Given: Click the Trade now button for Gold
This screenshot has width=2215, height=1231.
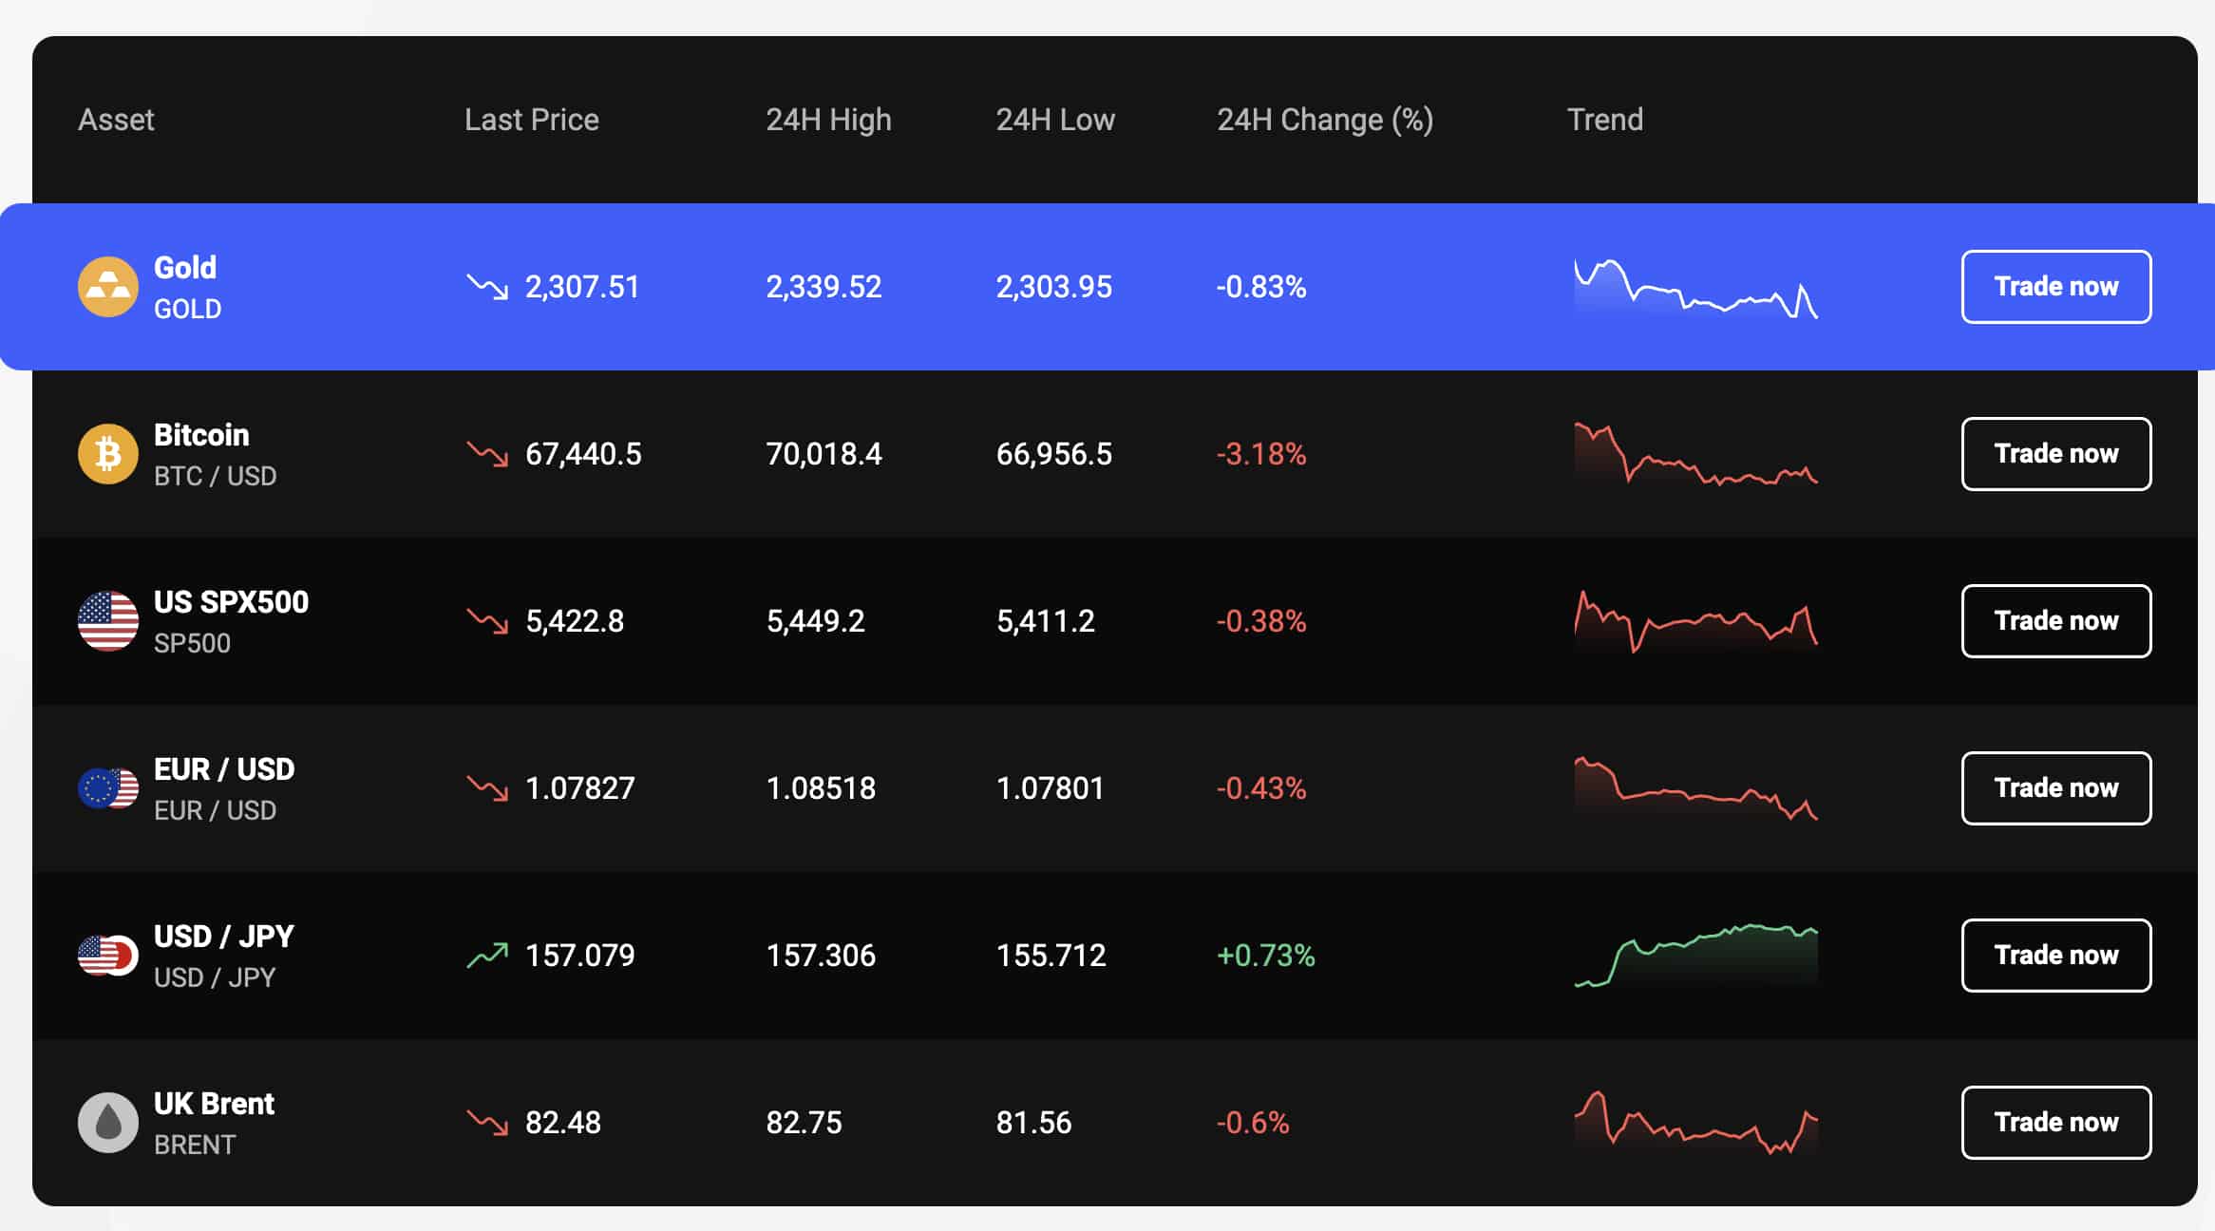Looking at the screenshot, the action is pyautogui.click(x=2056, y=287).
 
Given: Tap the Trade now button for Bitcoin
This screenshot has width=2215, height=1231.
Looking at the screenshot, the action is pyautogui.click(x=2056, y=454).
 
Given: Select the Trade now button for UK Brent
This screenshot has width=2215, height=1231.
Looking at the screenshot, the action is pyautogui.click(x=2056, y=1123).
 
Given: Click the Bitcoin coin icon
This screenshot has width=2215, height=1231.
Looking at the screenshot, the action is pyautogui.click(x=108, y=454).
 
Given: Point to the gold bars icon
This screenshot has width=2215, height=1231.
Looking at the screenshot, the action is pyautogui.click(x=108, y=287).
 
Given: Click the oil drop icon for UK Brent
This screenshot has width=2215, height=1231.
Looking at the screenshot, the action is pyautogui.click(x=108, y=1123).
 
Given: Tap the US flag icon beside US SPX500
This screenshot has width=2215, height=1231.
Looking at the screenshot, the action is pyautogui.click(x=108, y=621).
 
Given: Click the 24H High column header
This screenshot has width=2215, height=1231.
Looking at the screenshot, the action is pyautogui.click(x=828, y=120).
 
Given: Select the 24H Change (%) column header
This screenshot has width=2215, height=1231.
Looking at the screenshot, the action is pyautogui.click(x=1325, y=120).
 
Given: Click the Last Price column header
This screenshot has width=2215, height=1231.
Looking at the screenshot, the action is pyautogui.click(x=532, y=120).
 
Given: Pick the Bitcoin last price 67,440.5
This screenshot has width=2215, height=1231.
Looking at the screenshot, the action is pyautogui.click(x=583, y=454).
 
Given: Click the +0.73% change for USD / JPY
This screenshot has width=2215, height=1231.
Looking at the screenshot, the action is pyautogui.click(x=1266, y=956).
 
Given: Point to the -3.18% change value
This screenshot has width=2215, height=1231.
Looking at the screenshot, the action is pyautogui.click(x=1261, y=454).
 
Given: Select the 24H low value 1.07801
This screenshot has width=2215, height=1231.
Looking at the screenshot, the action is pyautogui.click(x=1051, y=788).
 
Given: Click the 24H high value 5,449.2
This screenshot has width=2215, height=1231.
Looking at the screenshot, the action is pyautogui.click(x=816, y=621).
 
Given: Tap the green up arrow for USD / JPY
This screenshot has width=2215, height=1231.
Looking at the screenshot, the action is pyautogui.click(x=487, y=955).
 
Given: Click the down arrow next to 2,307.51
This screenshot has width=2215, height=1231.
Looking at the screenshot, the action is pyautogui.click(x=487, y=286).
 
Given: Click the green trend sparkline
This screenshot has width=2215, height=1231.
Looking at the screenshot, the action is pyautogui.click(x=1696, y=955).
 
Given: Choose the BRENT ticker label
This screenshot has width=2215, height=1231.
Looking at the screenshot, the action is pyautogui.click(x=195, y=1145).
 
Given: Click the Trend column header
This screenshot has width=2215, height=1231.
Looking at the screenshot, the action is pyautogui.click(x=1605, y=120).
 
